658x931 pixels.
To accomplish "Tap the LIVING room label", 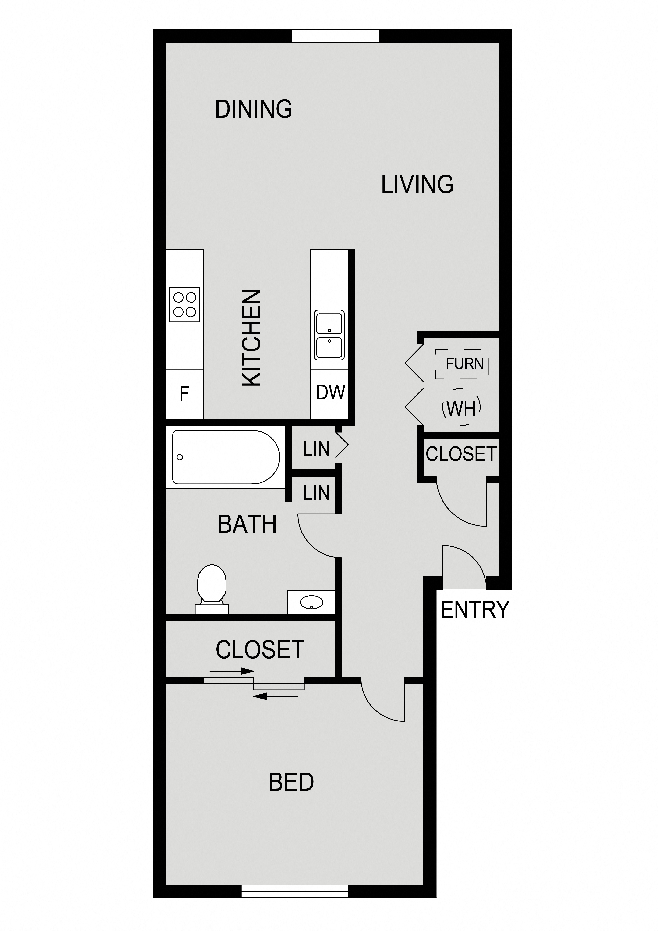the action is click(417, 184).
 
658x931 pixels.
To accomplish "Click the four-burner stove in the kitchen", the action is click(184, 304).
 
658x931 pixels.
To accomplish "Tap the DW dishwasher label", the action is click(330, 392).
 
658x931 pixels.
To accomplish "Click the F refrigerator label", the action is click(184, 393).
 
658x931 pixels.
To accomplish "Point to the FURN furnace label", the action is click(465, 364).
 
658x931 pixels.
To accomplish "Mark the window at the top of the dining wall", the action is click(336, 36).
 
